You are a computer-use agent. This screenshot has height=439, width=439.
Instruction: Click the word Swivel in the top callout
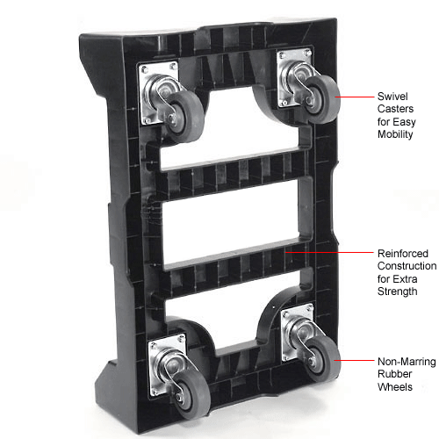click(392, 97)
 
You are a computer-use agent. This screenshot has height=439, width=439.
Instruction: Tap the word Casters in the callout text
click(395, 109)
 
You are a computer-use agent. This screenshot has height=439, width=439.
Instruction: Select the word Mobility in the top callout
click(395, 134)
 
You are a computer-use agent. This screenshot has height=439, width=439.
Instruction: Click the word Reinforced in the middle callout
click(403, 254)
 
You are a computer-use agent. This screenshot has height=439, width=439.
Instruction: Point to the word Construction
click(407, 266)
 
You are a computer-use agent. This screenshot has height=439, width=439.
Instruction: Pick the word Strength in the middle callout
click(398, 291)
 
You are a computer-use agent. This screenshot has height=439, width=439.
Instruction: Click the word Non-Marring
click(407, 362)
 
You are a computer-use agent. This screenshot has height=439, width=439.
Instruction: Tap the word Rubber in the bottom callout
click(395, 374)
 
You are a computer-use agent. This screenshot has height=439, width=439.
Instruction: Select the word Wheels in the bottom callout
click(395, 387)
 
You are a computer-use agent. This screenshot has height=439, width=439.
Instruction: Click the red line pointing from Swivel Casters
click(355, 97)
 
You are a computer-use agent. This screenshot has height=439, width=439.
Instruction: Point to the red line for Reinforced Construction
click(329, 252)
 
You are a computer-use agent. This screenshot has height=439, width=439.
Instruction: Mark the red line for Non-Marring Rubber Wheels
click(354, 360)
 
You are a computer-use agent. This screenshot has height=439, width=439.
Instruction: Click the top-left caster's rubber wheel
click(184, 116)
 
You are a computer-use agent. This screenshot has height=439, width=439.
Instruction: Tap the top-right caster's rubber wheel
click(322, 99)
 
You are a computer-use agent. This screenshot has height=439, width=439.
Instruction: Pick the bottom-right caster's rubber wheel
click(323, 358)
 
